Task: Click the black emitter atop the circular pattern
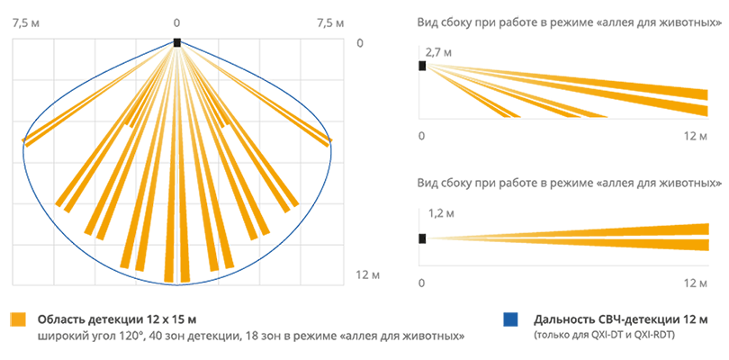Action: tap(177, 38)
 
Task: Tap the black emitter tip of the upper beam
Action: tap(423, 67)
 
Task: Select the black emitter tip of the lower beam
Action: tap(423, 238)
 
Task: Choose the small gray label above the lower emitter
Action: tap(438, 211)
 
